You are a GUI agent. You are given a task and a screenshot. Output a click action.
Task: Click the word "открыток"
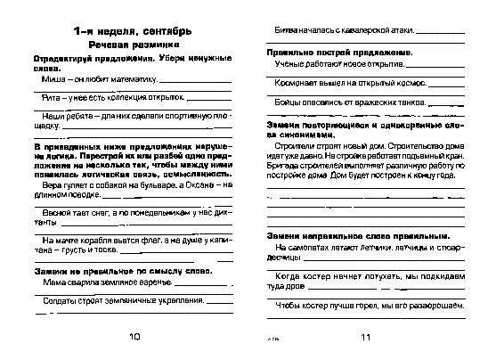172,100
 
